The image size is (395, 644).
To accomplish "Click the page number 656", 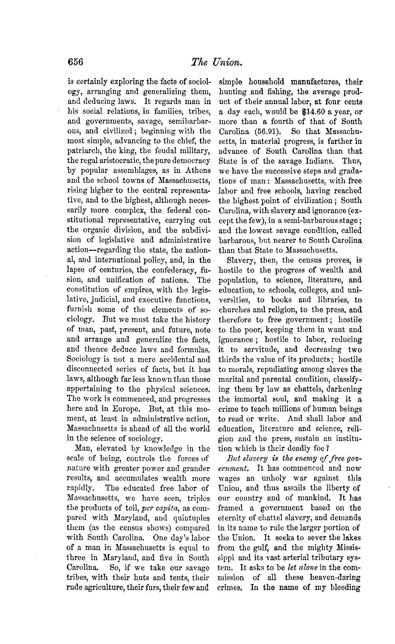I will (75, 62).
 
